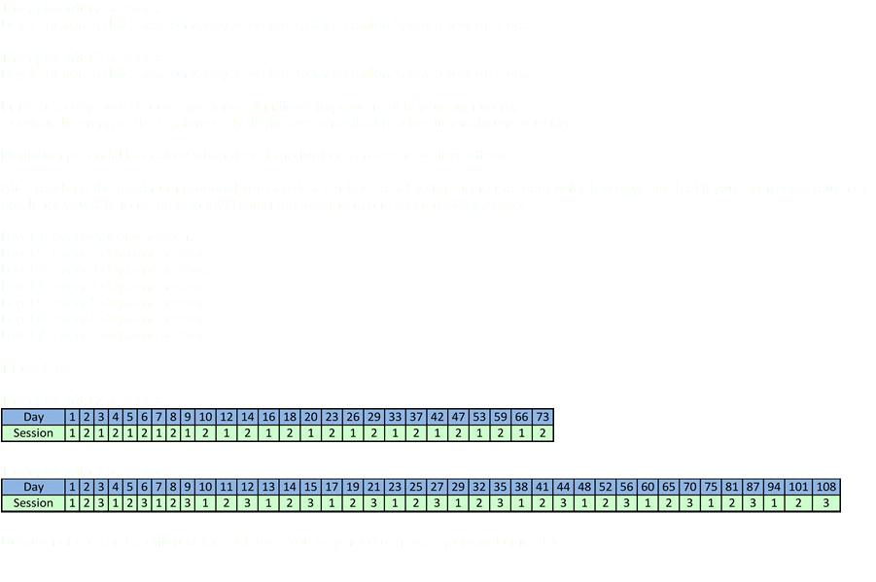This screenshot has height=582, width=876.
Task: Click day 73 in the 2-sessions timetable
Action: tap(543, 417)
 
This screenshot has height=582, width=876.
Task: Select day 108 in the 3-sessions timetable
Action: tap(825, 487)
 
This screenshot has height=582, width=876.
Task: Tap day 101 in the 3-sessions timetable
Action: tap(799, 487)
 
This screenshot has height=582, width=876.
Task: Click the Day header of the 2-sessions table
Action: tap(34, 417)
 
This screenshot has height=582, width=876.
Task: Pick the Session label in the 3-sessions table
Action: tap(34, 503)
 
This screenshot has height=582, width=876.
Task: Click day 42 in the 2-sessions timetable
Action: tap(438, 417)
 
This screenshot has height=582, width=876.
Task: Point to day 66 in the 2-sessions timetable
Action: tap(522, 417)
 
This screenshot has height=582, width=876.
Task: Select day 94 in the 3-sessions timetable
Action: tap(774, 487)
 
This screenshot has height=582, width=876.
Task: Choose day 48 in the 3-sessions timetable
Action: tap(584, 487)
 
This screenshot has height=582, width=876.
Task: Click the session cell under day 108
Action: tap(825, 503)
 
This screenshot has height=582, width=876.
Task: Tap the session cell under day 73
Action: tap(543, 433)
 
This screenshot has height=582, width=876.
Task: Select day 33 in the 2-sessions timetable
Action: tap(395, 417)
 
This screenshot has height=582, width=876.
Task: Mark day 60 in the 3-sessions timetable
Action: tap(648, 487)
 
